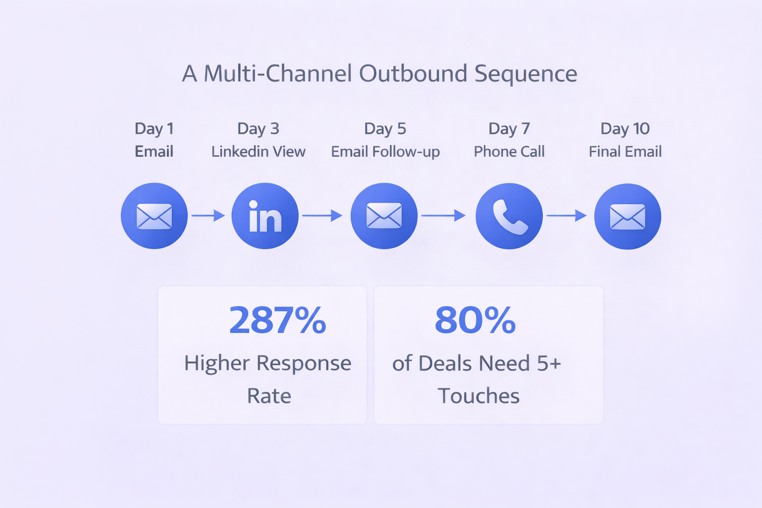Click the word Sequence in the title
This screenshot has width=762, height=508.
tap(525, 74)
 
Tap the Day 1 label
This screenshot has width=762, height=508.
tap(154, 129)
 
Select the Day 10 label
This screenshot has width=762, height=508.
tap(625, 128)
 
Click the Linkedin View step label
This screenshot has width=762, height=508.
tap(258, 151)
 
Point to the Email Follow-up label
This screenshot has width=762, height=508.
tap(385, 152)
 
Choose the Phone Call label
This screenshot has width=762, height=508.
tap(509, 151)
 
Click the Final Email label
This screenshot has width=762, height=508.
tap(625, 151)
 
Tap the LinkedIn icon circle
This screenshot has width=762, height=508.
tap(265, 216)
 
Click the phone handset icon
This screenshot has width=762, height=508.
tap(510, 217)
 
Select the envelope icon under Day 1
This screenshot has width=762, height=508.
tap(154, 216)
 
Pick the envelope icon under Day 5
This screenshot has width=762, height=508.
tap(384, 215)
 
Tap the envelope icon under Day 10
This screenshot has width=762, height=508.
tap(628, 217)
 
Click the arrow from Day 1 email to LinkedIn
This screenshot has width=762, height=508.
tap(208, 215)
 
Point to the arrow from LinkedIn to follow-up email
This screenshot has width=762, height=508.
tap(322, 215)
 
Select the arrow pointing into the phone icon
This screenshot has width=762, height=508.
tap(444, 215)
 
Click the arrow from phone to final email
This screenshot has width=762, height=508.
tap(567, 215)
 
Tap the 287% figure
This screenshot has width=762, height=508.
tap(278, 320)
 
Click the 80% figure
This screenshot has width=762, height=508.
tap(475, 320)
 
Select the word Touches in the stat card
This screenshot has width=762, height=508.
tap(479, 395)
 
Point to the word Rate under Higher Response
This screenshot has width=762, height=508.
tap(269, 396)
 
